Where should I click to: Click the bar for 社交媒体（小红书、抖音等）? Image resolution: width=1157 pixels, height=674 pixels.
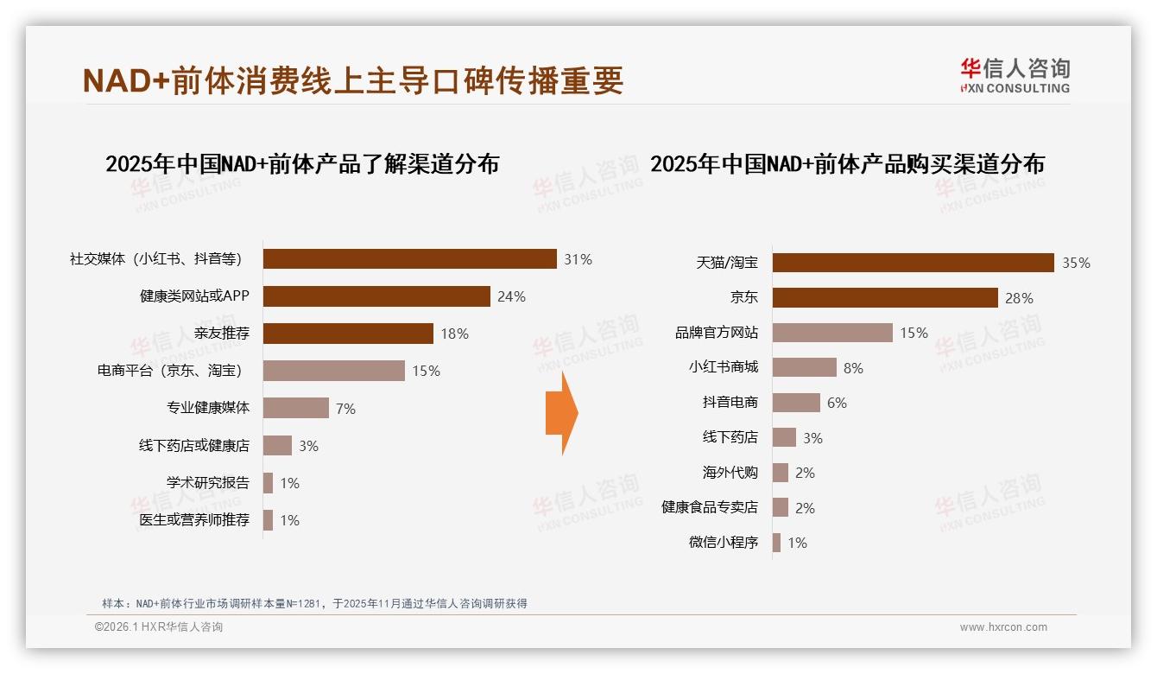pos(409,259)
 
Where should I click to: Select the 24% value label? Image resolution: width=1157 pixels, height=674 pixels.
pos(511,296)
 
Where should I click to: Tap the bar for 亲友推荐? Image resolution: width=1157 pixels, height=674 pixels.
pos(348,334)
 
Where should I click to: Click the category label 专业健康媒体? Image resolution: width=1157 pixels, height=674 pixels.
pos(207,408)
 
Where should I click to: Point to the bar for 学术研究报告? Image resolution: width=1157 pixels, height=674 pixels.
pos(268,483)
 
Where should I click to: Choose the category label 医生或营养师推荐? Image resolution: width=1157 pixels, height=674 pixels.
pos(194,520)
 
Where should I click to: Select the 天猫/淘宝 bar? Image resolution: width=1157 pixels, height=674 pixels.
pos(913,263)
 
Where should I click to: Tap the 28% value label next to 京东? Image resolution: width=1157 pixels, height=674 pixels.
pos(1019,298)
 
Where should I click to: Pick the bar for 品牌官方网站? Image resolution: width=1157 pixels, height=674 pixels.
pos(832,333)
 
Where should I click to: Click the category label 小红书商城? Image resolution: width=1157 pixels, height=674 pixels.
pos(723,367)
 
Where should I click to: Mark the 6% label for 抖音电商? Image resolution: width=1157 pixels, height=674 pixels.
pos(837,403)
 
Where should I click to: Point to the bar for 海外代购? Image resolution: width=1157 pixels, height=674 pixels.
pos(781,473)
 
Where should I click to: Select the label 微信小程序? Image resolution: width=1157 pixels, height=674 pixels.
pos(723,543)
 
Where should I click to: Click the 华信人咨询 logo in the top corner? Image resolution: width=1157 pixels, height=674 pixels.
pos(1015,75)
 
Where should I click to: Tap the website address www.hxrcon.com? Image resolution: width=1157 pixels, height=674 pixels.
pos(1003,627)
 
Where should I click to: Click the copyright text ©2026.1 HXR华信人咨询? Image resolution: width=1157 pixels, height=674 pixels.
pos(159,627)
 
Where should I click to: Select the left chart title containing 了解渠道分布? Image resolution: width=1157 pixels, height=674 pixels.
pos(302,164)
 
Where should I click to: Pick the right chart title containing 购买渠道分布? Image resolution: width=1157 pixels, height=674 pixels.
pos(847,164)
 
